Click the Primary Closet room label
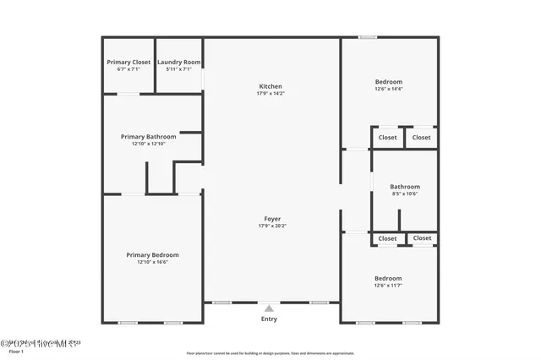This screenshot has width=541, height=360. [x=128, y=62]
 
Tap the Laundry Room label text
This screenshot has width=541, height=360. [x=179, y=62]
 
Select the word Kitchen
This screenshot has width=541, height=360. [x=270, y=86]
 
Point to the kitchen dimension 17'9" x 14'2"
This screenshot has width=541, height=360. [x=270, y=94]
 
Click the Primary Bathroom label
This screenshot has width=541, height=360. [x=149, y=137]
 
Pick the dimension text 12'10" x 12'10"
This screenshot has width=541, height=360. [x=149, y=145]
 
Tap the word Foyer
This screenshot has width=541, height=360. [x=272, y=219]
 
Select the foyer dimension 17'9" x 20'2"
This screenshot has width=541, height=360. [x=272, y=226]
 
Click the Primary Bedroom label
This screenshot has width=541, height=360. [x=152, y=255]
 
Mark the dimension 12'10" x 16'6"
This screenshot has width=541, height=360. [x=152, y=263]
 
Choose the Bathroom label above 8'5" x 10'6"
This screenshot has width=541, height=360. [x=404, y=187]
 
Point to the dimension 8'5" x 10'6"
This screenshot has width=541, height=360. [x=404, y=194]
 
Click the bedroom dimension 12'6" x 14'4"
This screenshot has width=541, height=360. [x=389, y=90]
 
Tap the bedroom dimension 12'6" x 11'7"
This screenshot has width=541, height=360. [x=389, y=286]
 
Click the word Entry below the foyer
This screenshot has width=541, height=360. [x=269, y=319]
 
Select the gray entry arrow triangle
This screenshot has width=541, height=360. [x=269, y=308]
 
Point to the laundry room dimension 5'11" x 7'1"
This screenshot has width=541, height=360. [x=179, y=69]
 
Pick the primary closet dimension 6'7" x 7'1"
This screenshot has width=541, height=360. [x=128, y=69]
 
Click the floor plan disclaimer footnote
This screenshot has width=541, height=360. [x=270, y=353]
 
